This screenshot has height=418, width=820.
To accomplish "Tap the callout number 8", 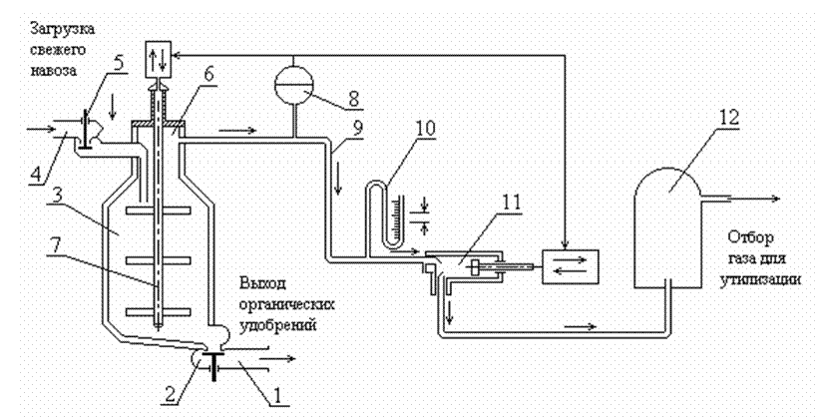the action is tap(353, 99).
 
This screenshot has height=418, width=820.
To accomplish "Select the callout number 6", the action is tap(208, 74).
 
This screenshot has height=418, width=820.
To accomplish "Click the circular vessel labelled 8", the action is tap(294, 84).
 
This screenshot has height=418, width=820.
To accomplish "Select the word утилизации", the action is tap(760, 280).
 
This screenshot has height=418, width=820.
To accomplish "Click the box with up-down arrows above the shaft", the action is tap(158, 58).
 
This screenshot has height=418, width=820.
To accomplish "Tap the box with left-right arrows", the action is tap(570, 266).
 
